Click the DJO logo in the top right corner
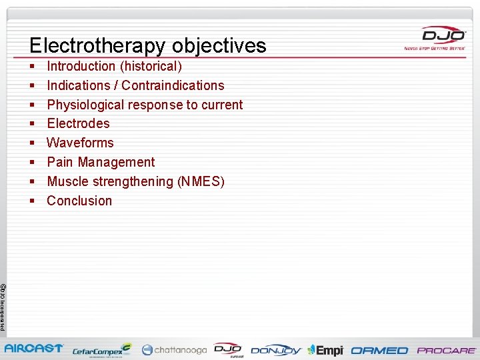click(433, 37)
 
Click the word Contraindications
click(173, 85)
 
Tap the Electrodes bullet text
click(78, 123)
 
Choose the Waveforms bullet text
click(80, 143)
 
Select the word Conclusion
click(79, 201)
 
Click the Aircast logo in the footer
click(34, 349)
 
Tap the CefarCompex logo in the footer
click(102, 349)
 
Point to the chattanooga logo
click(174, 349)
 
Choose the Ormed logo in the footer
click(379, 350)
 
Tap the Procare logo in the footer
click(446, 350)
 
